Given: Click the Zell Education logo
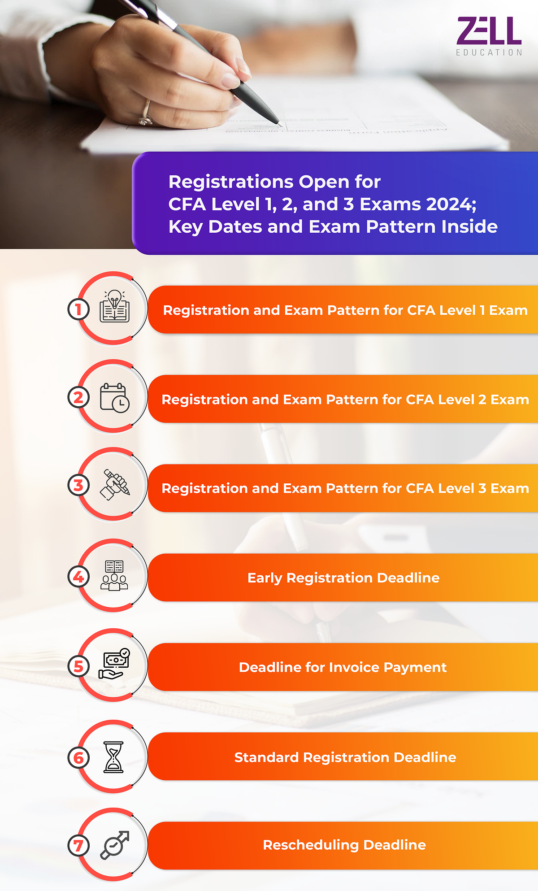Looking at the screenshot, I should [489, 36].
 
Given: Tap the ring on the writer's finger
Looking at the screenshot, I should [145, 113].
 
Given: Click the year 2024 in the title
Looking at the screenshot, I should [450, 204].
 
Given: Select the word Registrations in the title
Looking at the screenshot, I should [230, 182].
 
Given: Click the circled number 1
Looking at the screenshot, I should [78, 309].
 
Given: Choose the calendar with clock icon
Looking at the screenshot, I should [114, 397].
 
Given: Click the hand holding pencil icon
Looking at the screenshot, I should [115, 485].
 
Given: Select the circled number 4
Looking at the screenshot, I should [78, 577].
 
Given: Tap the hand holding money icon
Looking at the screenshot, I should [114, 664].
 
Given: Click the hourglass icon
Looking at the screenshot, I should [113, 757].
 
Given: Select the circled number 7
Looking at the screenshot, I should [78, 846].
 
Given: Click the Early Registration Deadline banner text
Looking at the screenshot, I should [343, 578].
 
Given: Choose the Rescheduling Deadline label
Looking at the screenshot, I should [344, 845].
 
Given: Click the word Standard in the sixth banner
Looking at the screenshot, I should [266, 757].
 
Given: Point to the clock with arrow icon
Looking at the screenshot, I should [114, 845].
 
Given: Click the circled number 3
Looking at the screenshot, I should [78, 485].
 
